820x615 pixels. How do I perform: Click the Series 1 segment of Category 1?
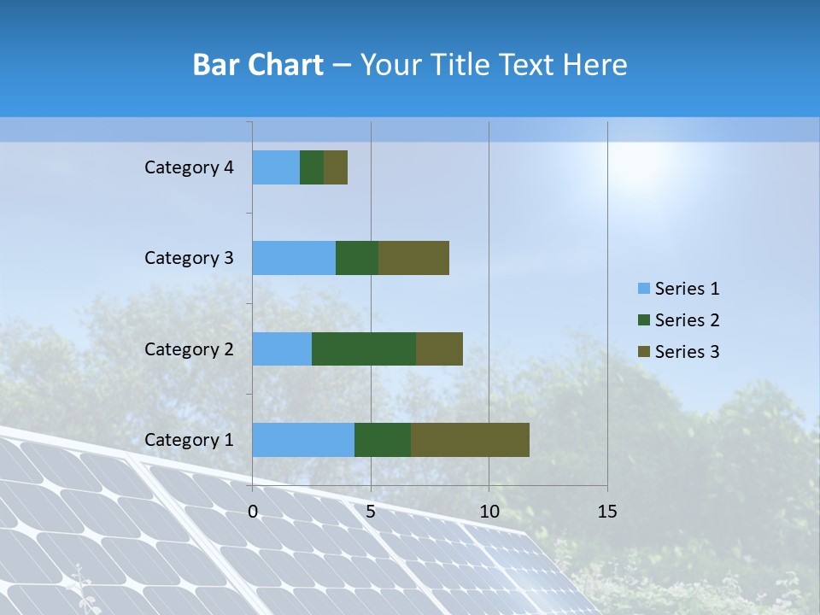(x=303, y=440)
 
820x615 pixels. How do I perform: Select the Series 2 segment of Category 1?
(x=383, y=440)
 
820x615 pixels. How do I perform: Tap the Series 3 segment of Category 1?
(x=470, y=440)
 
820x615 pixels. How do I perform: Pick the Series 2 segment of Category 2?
(x=364, y=348)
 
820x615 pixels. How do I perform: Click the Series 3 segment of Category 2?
(x=439, y=348)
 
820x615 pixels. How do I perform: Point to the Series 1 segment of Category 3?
(x=294, y=258)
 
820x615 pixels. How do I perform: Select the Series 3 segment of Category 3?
(x=413, y=258)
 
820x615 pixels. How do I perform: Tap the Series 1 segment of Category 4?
(x=276, y=167)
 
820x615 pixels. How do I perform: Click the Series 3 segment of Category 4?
(x=336, y=167)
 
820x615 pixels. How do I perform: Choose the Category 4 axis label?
(x=189, y=167)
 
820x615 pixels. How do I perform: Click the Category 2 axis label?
(x=189, y=348)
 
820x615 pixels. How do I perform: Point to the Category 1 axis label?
(x=189, y=440)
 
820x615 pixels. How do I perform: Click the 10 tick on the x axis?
(x=489, y=512)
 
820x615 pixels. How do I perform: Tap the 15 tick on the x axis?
(x=606, y=512)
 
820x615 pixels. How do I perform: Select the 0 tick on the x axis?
(x=253, y=512)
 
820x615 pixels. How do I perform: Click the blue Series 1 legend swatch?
(x=643, y=289)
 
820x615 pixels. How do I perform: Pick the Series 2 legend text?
(x=687, y=320)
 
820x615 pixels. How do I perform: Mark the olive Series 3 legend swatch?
(x=643, y=351)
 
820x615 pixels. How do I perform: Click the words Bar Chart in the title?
(x=258, y=65)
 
